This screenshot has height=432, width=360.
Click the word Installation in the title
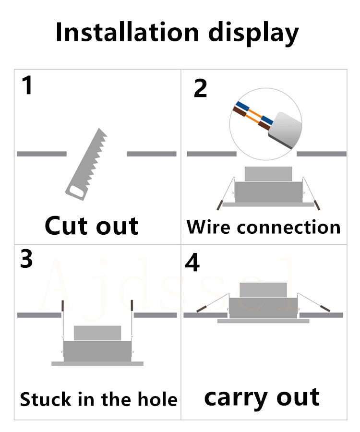pos(127,33)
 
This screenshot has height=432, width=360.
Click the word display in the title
pos(253,34)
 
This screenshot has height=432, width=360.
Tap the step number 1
pos(27,86)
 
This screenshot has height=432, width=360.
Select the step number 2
pos(200,89)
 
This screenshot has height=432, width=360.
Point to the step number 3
pos(27,259)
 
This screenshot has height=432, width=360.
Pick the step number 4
pos(192,263)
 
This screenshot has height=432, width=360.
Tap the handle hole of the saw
pos(76,191)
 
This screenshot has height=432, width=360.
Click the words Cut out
pos(92,226)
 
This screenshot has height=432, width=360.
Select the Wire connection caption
pos(264,227)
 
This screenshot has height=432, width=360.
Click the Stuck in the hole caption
pos(98,399)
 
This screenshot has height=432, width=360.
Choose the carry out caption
pos(262,398)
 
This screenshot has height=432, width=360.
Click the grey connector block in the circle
pos(284,126)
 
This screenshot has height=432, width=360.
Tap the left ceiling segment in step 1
pos(42,154)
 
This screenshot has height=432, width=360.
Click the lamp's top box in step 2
pos(268,174)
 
